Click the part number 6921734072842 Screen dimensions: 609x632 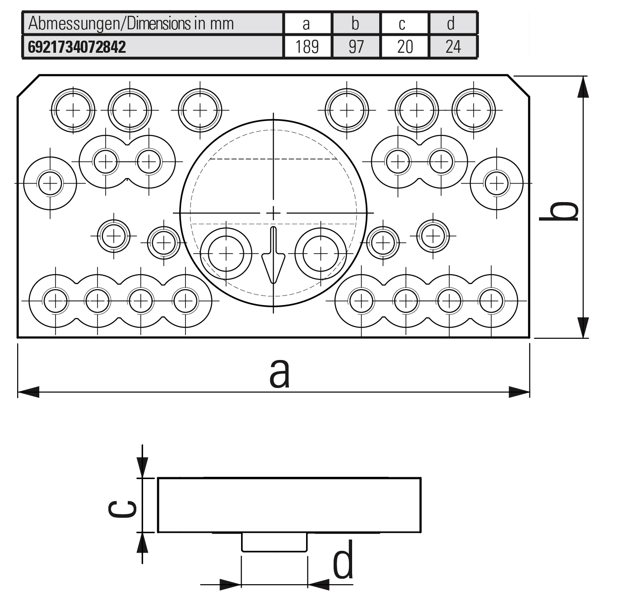pos(77,47)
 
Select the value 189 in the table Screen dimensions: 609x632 pos(307,47)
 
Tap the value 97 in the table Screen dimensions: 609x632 pos(356,47)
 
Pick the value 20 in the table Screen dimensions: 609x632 pos(404,47)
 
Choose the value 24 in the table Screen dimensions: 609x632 pos(453,47)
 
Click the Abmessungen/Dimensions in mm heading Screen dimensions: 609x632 pos(131,23)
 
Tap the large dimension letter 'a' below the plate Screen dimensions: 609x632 pos(279,374)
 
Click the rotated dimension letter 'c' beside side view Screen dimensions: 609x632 pos(122,509)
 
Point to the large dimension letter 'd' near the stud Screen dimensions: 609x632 pos(343,560)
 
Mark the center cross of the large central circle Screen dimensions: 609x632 pos(273,212)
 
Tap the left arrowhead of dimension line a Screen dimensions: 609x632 pos(28,392)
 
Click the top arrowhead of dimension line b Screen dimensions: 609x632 pos(583,87)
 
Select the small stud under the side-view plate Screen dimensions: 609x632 pos(274,542)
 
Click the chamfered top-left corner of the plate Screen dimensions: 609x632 pos(28,85)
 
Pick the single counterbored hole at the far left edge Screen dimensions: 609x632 pos(50,183)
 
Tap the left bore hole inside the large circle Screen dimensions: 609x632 pos(226,254)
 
